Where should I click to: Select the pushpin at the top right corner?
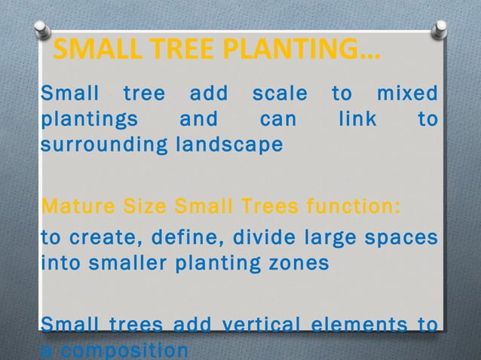(438, 29)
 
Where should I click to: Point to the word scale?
(279, 95)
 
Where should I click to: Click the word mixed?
(406, 95)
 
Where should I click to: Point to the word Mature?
(70, 206)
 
